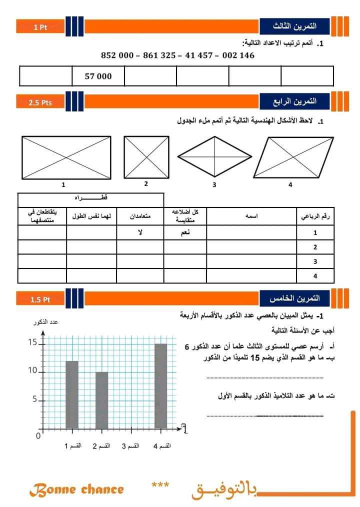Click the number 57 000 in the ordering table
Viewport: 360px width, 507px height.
(98, 76)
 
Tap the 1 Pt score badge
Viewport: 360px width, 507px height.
(40, 27)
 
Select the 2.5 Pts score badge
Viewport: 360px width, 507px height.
(40, 103)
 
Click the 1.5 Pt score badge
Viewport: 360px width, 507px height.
(40, 299)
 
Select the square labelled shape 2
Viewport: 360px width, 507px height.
(146, 157)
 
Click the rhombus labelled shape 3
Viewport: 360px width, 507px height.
(214, 156)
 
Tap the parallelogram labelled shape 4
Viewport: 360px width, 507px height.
(290, 157)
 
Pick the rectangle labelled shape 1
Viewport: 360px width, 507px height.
(66, 157)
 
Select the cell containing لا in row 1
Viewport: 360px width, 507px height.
(140, 232)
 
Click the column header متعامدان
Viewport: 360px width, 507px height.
(140, 216)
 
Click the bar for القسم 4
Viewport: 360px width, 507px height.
(160, 385)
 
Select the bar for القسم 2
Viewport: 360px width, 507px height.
(101, 400)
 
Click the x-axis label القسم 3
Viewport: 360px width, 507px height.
(131, 445)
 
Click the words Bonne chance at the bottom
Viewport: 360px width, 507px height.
(76, 489)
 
